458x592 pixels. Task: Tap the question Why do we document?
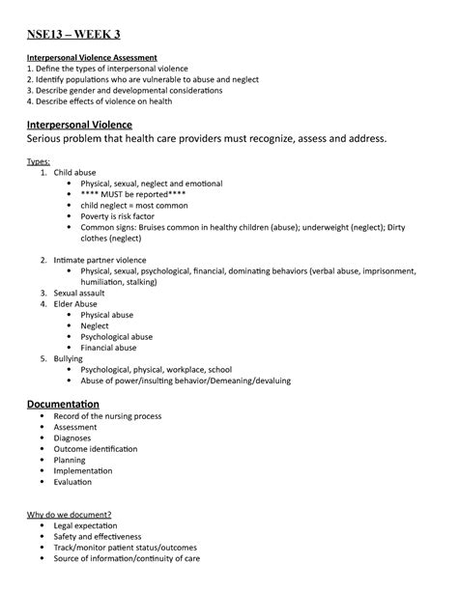click(69, 514)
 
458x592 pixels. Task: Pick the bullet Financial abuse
click(108, 348)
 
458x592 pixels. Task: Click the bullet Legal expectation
click(95, 525)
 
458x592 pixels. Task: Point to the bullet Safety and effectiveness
click(98, 536)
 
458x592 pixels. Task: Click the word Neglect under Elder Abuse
click(95, 325)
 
